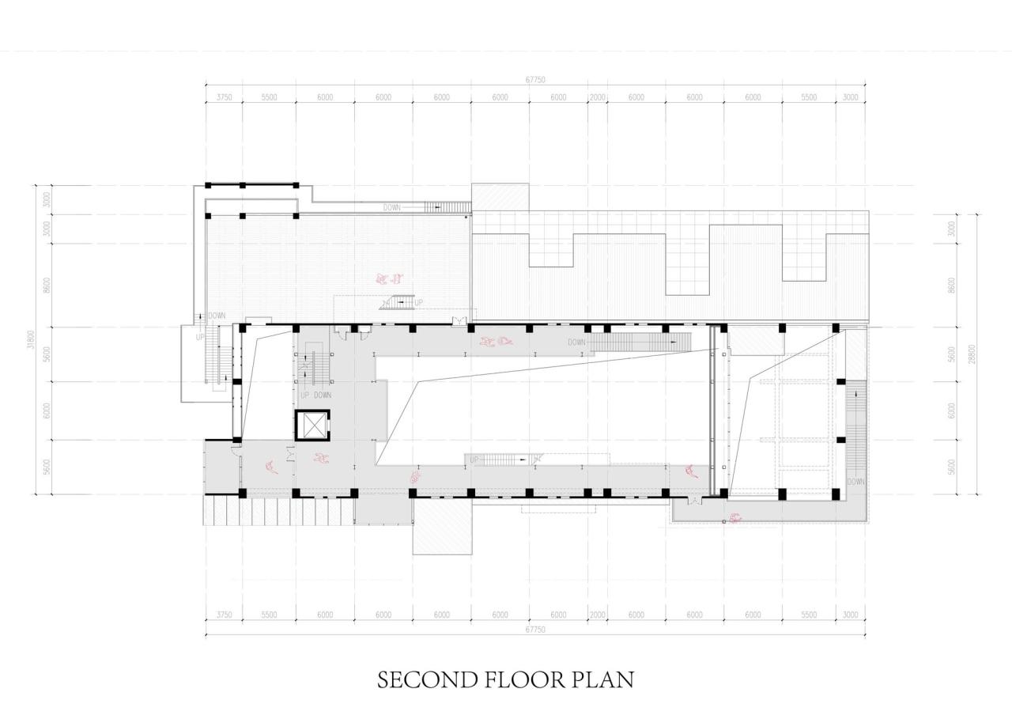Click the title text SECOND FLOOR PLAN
coord(505,680)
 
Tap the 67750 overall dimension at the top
coord(535,79)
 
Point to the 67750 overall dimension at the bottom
coord(535,630)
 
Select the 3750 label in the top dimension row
coord(224,97)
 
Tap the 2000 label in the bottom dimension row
coord(597,615)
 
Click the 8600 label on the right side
coord(952,285)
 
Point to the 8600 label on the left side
coord(47,285)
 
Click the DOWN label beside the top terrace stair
coord(392,207)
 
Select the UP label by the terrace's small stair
coord(418,302)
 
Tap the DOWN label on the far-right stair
coord(856,481)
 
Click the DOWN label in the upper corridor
coord(576,342)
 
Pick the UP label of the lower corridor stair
coord(474,460)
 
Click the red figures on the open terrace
coord(390,278)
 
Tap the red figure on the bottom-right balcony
coord(735,518)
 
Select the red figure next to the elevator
coord(321,458)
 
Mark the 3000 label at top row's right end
coord(850,97)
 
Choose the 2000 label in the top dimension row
coord(597,97)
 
